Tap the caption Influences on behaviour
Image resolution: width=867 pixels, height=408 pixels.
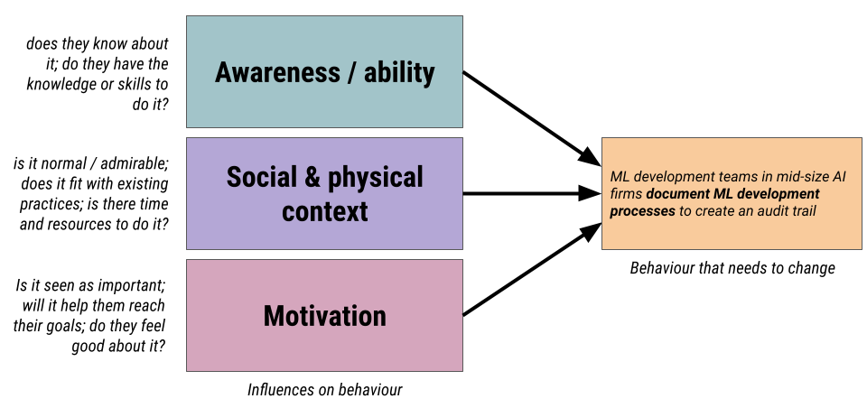pos(324,390)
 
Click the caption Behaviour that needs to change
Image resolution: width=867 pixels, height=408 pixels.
pos(732,268)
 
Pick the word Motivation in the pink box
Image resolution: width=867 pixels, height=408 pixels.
pos(324,316)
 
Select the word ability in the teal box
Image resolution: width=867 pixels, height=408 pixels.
pos(399,72)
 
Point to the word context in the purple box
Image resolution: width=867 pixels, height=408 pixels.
pos(324,211)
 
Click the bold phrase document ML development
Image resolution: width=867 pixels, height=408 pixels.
pos(732,193)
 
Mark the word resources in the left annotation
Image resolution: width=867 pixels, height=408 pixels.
pos(100,224)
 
